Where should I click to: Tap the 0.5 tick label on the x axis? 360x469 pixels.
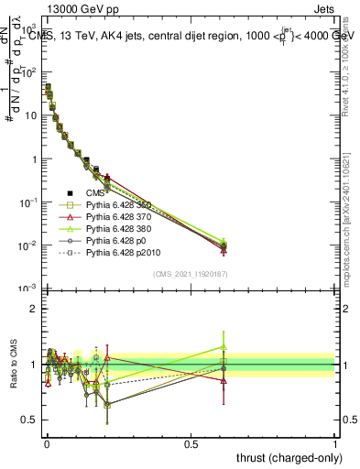pyautogui.click(x=190, y=443)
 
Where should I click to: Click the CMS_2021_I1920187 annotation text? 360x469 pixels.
pyautogui.click(x=190, y=273)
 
